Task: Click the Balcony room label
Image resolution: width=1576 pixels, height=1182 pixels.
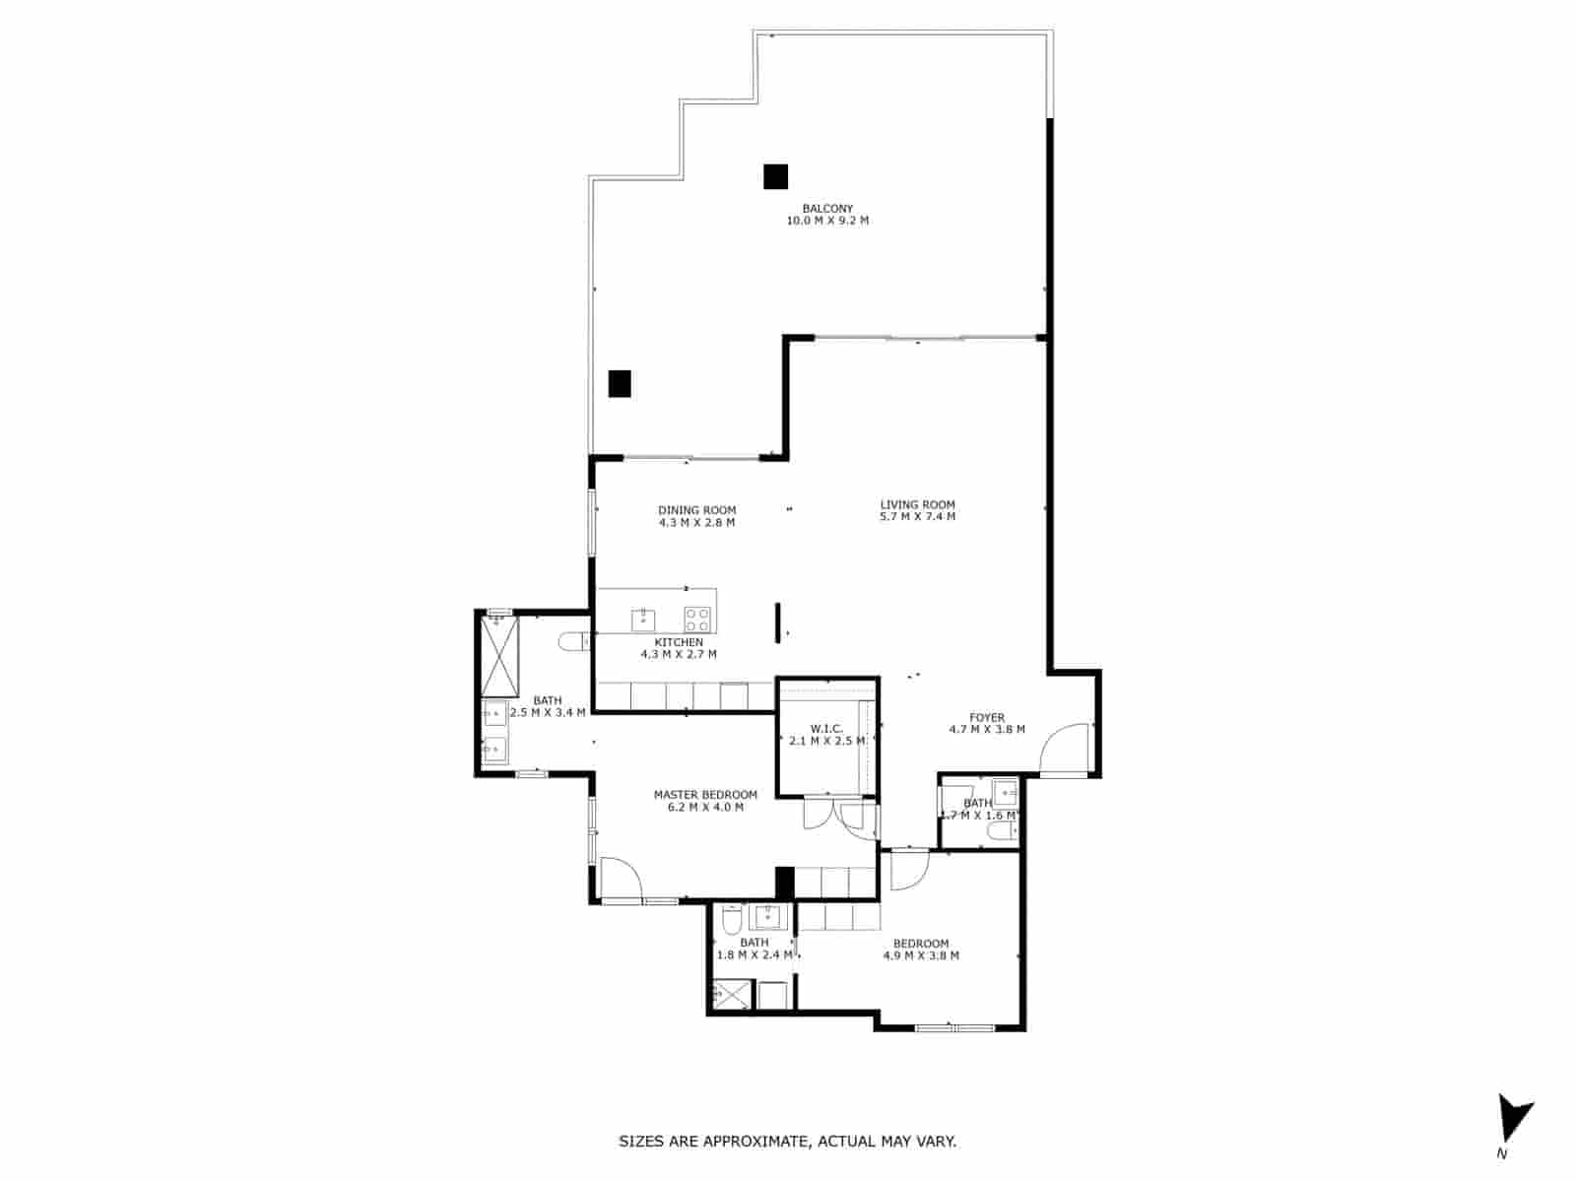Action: (x=827, y=209)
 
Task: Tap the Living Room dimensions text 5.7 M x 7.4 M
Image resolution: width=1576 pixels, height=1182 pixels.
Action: (x=917, y=517)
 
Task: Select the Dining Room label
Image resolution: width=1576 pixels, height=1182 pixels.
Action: (x=696, y=510)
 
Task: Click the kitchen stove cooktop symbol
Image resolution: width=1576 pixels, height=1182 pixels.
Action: (x=697, y=620)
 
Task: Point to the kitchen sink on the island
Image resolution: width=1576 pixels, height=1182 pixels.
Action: (x=643, y=620)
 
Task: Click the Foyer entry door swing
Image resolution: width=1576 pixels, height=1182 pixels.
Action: (x=1067, y=750)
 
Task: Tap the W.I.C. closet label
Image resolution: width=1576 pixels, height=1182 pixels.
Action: (x=826, y=729)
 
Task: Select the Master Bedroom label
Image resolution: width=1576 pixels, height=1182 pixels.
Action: (x=705, y=795)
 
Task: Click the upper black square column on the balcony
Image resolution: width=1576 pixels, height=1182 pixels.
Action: (x=776, y=176)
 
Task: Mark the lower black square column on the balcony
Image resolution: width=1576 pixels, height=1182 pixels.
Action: (x=619, y=383)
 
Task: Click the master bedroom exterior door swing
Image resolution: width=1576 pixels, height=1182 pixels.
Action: (x=620, y=879)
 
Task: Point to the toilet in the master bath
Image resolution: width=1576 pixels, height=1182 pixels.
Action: (x=573, y=642)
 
